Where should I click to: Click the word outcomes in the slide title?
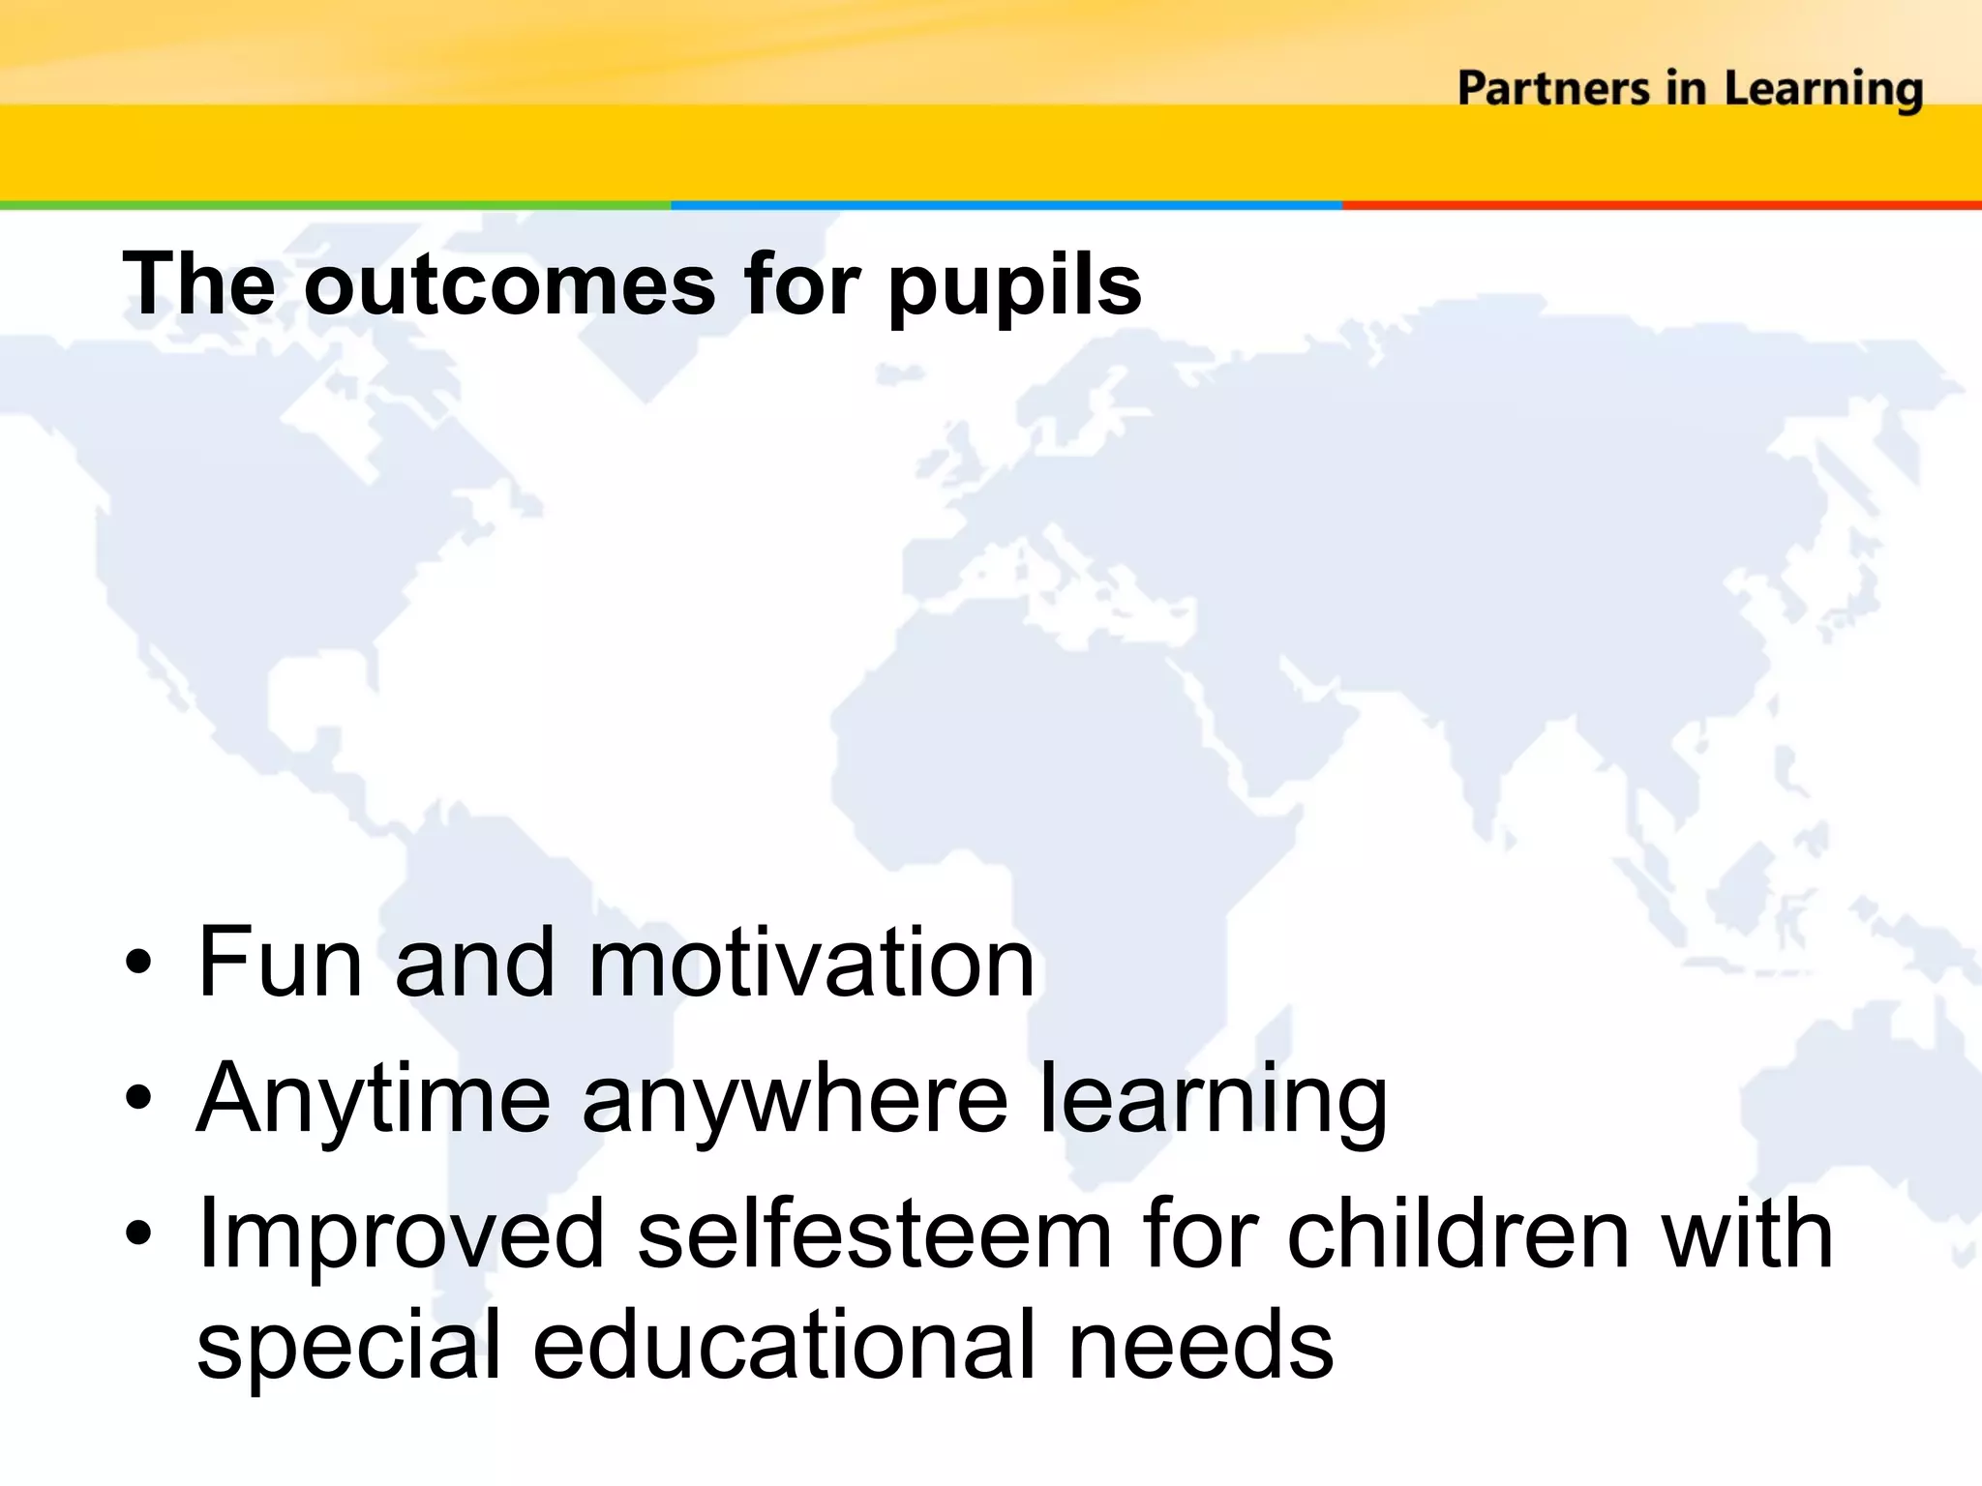pyautogui.click(x=510, y=284)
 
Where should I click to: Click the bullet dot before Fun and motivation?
pyautogui.click(x=138, y=963)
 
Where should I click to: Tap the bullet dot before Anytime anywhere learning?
pyautogui.click(x=138, y=1098)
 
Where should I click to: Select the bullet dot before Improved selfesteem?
pyautogui.click(x=138, y=1233)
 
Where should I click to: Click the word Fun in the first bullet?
pyautogui.click(x=280, y=963)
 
